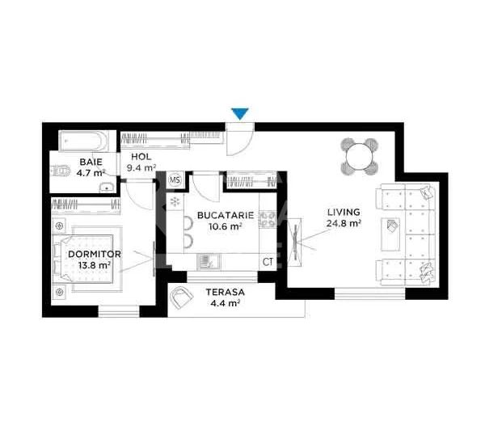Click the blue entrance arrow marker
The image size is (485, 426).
pyautogui.click(x=240, y=114)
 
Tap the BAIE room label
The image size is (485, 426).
pyautogui.click(x=91, y=162)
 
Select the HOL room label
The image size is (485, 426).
pyautogui.click(x=141, y=157)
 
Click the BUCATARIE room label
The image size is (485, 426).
pyautogui.click(x=226, y=216)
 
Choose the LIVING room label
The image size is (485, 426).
pyautogui.click(x=343, y=212)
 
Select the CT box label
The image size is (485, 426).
pyautogui.click(x=267, y=261)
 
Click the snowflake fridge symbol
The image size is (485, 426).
pyautogui.click(x=173, y=201)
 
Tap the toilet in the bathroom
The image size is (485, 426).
pyautogui.click(x=62, y=171)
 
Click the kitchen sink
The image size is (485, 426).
pyautogui.click(x=208, y=261)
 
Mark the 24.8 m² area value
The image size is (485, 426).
pyautogui.click(x=344, y=223)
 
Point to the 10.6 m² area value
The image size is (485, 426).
pyautogui.click(x=226, y=227)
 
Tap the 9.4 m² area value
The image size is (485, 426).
pyautogui.click(x=142, y=168)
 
